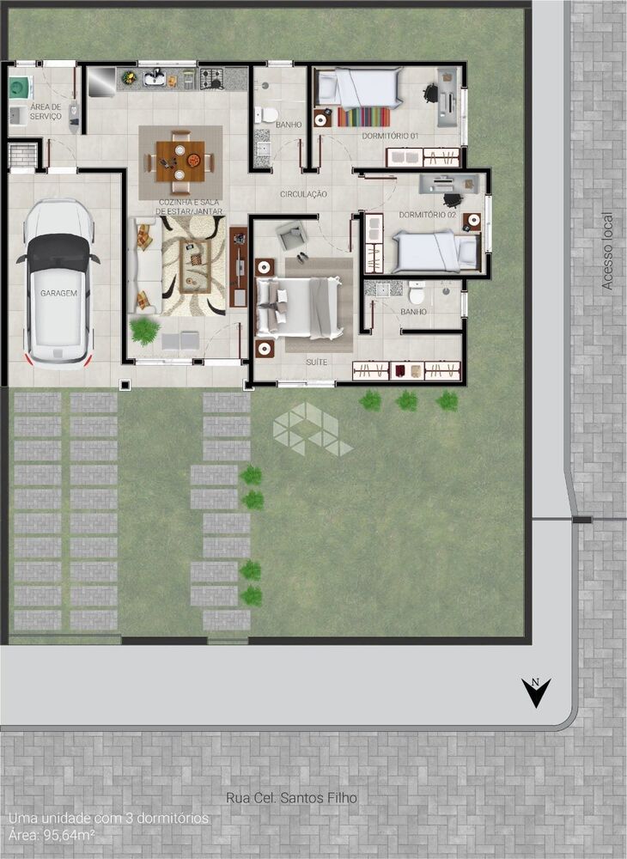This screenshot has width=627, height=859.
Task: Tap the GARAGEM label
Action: pos(58,293)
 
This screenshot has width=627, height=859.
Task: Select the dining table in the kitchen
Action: pos(180,161)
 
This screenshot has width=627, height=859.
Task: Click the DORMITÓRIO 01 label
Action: pos(390,137)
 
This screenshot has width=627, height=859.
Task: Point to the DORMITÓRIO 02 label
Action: pos(427,215)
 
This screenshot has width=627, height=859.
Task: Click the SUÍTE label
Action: pos(317,362)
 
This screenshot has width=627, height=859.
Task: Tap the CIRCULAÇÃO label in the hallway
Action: pos(303,195)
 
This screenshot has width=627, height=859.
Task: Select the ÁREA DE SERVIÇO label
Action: pos(46,111)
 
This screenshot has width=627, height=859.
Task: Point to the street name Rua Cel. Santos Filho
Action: pos(291,798)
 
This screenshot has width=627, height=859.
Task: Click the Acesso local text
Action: pos(607,250)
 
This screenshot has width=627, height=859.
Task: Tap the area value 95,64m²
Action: pos(65,834)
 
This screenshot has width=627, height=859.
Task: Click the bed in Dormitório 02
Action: pos(435,251)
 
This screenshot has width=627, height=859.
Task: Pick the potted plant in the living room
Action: pos(145,330)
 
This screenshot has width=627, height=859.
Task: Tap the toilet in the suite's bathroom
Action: pos(417,294)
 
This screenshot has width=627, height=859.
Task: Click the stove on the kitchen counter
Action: pos(212,79)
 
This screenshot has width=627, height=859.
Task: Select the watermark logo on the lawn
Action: pos(310,430)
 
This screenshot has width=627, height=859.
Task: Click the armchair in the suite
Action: pos(292,235)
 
